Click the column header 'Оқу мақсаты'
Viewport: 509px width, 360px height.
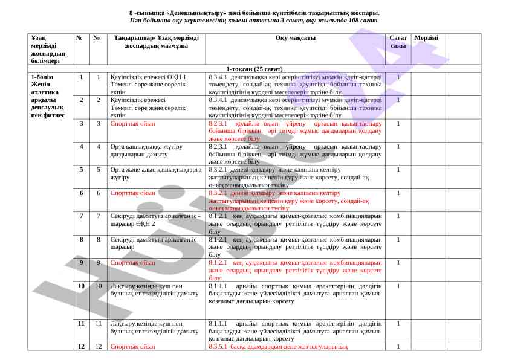coord(295,38)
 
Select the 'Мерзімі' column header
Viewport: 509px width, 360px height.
coord(426,38)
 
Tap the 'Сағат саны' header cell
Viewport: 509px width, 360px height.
coord(398,42)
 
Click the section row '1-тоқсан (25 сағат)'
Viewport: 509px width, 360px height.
coord(254,69)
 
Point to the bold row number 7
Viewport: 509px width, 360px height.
coord(82,216)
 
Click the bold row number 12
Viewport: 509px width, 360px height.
coord(82,346)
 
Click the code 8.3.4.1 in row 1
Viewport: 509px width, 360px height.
coord(218,77)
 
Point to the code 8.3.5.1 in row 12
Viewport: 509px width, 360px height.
coord(218,347)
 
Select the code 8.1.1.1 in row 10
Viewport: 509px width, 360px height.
coord(218,286)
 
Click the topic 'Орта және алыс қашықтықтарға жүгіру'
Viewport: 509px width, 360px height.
coord(155,173)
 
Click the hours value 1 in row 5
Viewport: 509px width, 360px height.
coord(398,170)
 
